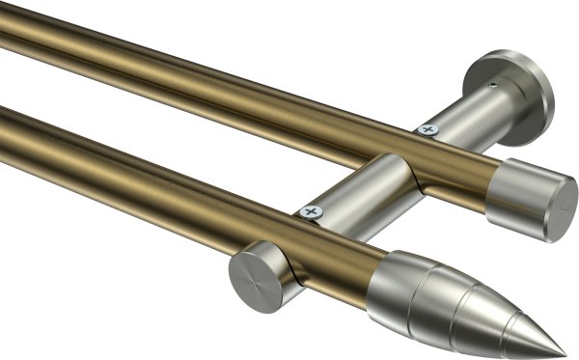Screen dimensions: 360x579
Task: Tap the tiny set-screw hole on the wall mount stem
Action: pyautogui.click(x=492, y=86)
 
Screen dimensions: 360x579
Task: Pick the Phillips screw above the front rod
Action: pyautogui.click(x=311, y=211)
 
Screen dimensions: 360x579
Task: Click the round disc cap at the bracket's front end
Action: pyautogui.click(x=254, y=275)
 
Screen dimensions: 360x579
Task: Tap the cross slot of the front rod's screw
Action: pyautogui.click(x=311, y=211)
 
